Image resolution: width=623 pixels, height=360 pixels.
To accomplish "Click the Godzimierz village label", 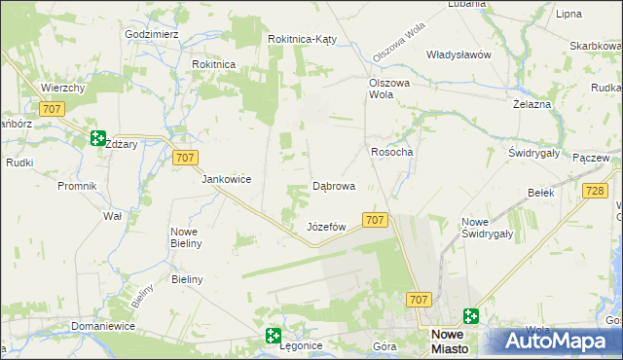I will click(151, 33).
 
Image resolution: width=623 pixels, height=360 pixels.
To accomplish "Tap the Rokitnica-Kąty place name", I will click(303, 39).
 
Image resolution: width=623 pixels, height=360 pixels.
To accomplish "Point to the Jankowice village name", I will click(227, 179).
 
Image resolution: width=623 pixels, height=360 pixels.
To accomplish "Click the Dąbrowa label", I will click(333, 185).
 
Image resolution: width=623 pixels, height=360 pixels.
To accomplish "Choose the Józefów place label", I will click(327, 227).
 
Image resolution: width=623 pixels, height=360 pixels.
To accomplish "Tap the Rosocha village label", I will click(392, 152).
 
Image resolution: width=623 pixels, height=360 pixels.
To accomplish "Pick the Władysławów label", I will click(458, 54).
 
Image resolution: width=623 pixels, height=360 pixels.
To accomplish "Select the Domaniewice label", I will click(101, 327).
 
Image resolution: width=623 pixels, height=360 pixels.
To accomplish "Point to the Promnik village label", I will click(77, 185).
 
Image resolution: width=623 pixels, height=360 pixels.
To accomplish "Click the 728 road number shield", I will click(596, 192).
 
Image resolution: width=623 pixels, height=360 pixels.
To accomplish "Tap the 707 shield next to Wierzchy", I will click(53, 109).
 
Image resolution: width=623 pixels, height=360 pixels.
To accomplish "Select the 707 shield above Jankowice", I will click(185, 157).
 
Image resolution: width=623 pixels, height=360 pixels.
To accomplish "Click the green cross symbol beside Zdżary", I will click(97, 138).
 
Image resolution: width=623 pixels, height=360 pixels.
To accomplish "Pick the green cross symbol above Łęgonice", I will click(274, 336).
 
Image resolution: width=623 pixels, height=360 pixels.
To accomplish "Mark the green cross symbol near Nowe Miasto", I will click(472, 315).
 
